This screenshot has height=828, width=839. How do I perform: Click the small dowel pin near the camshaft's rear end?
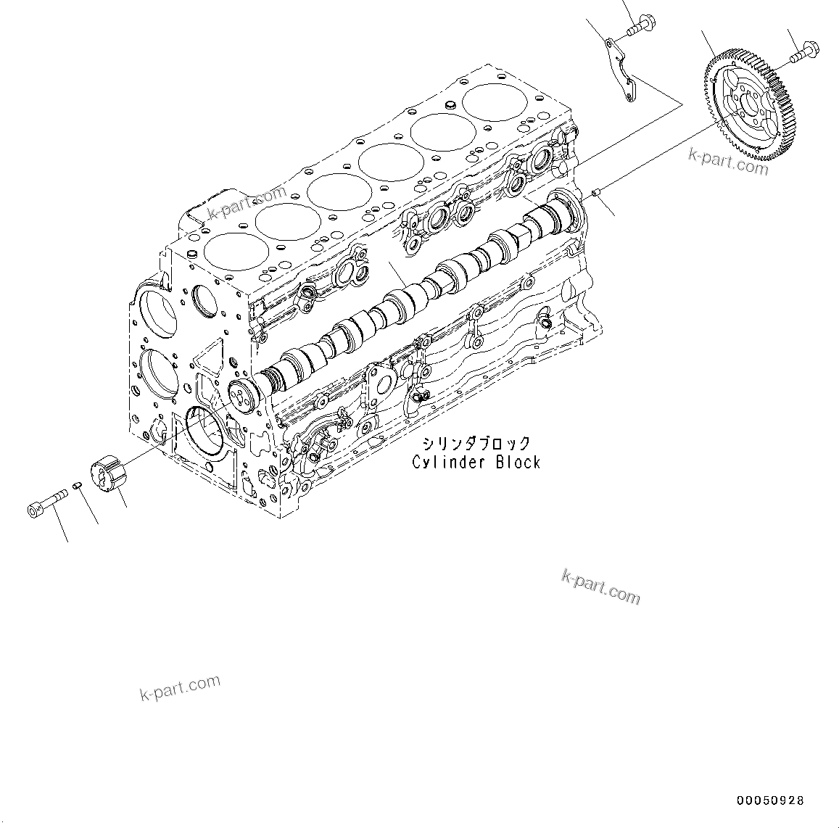point(595,193)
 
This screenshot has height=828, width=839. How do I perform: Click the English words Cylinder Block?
point(476,462)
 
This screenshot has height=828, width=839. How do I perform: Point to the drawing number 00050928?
point(769,800)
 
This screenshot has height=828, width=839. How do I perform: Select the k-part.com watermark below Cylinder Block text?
point(600,586)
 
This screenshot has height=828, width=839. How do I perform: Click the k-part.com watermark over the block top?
point(247,203)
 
